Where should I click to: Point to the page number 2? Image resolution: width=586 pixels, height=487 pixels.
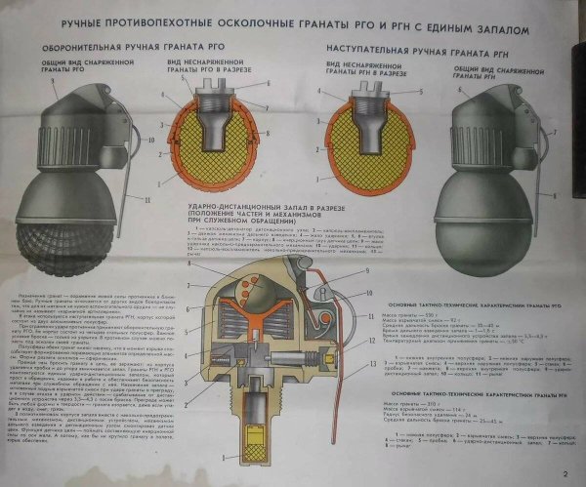pyautogui.click(x=564, y=475)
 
